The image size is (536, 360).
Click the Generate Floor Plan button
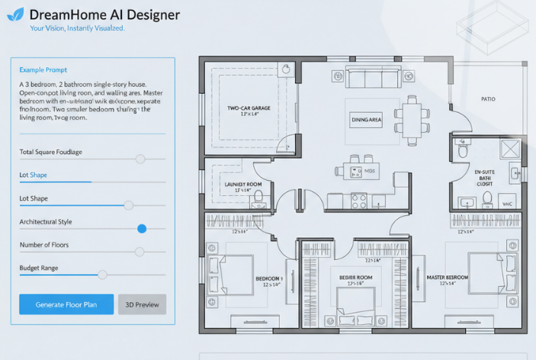click(66, 304)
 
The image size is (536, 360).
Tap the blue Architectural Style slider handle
click(142, 228)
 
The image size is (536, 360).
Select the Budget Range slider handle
click(102, 275)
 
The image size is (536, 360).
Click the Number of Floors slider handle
click(140, 251)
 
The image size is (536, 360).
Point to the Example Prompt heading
click(43, 70)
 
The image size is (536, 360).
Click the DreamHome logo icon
click(15, 14)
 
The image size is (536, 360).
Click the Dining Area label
click(366, 120)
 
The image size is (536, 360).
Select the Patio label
click(489, 99)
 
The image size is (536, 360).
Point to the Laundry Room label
click(243, 185)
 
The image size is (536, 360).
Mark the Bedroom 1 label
click(269, 278)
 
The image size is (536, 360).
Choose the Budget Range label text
click(39, 268)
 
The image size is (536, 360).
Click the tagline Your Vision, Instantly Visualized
click(77, 28)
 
